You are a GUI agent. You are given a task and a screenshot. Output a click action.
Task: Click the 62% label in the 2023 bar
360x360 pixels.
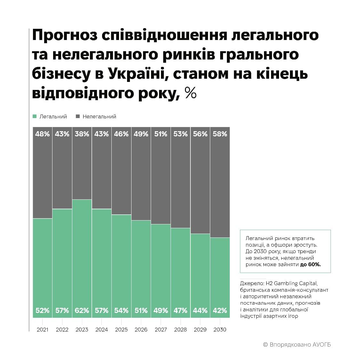tap(82, 310)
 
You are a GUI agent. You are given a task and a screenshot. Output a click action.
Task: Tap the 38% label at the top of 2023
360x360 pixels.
tap(82, 134)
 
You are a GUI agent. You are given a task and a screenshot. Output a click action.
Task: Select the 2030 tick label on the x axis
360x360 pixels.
tap(220, 330)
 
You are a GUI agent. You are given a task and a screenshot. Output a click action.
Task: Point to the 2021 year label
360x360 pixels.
tap(43, 330)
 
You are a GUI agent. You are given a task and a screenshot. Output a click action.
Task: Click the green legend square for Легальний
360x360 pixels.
tap(35, 116)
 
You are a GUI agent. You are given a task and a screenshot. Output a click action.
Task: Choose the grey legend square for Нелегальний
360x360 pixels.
tap(78, 116)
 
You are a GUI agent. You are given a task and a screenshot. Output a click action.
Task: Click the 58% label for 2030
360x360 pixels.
tap(220, 134)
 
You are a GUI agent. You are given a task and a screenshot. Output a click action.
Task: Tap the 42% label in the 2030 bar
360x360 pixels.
tap(220, 310)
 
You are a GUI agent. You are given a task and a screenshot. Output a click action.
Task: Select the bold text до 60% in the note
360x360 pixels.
tap(310, 265)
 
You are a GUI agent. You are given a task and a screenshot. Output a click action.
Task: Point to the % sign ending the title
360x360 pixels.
tap(191, 93)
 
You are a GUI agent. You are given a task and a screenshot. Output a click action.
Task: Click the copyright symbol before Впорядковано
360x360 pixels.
tap(265, 345)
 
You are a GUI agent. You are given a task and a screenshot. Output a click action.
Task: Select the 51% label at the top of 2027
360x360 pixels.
tap(161, 134)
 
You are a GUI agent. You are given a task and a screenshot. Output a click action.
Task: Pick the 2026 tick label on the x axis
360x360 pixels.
tap(141, 330)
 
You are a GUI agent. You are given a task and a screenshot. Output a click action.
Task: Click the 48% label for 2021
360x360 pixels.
tap(43, 134)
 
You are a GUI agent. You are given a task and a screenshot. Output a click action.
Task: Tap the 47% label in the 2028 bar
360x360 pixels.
tap(180, 310)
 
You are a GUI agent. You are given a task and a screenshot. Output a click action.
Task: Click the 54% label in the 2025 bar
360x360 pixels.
tap(121, 310)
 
